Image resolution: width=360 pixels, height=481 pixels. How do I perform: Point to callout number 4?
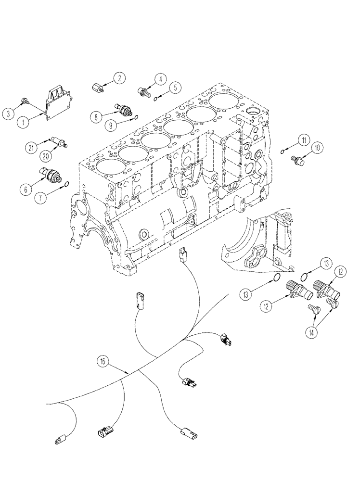(x=160, y=79)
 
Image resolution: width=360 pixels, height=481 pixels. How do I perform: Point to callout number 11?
(x=303, y=140)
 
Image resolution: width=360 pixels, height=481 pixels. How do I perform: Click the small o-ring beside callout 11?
(x=282, y=152)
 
